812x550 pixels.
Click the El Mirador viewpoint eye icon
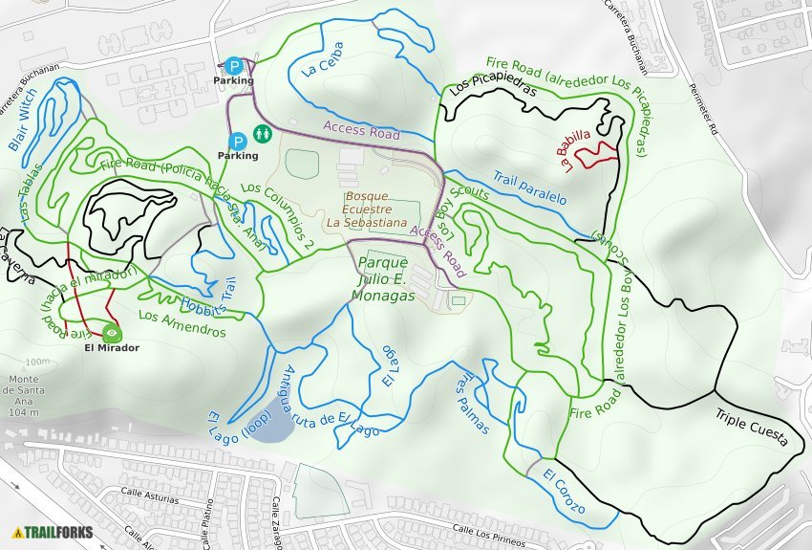tap(113, 333)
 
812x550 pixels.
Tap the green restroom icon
tap(262, 136)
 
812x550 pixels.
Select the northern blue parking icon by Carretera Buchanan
tap(234, 65)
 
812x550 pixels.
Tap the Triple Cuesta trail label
tap(751, 427)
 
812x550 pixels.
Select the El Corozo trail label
tap(563, 491)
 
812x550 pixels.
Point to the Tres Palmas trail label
tap(473, 402)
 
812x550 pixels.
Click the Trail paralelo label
tap(529, 187)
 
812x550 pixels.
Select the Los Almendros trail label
tap(182, 323)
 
